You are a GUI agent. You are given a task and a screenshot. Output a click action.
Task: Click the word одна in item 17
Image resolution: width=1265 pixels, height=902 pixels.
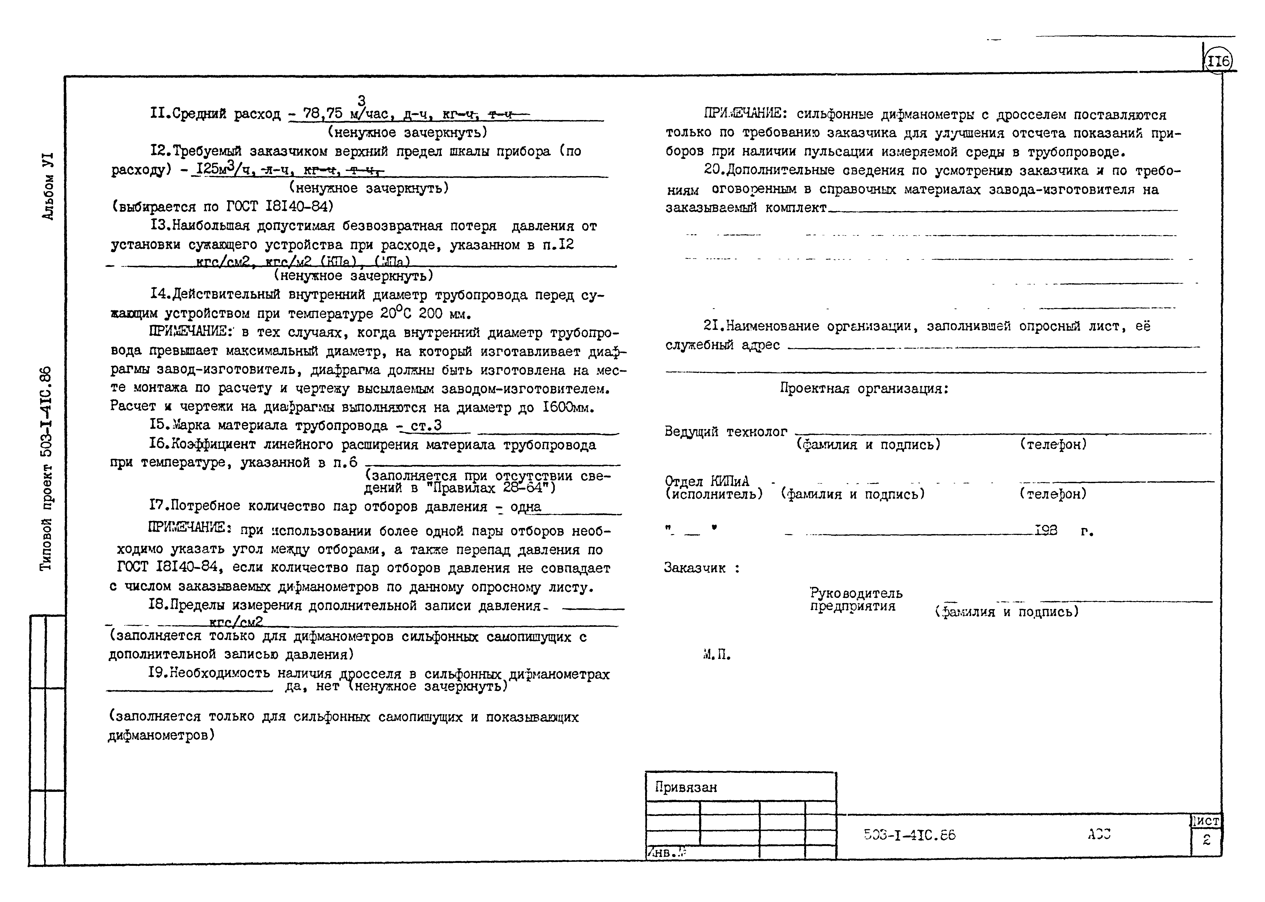(525, 506)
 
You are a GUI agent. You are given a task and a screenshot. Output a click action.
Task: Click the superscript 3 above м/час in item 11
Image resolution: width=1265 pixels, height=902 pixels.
(361, 100)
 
